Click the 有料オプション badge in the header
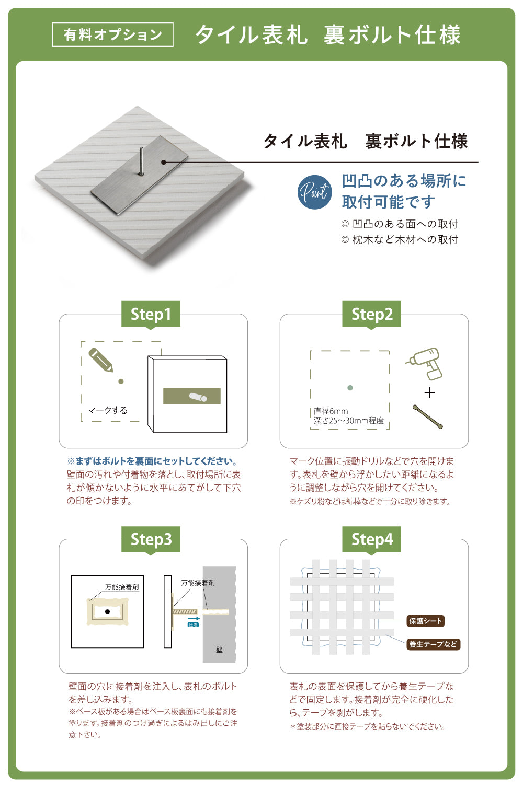tap(112, 34)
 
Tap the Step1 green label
tap(151, 314)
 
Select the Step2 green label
tap(371, 314)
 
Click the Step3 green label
tap(151, 539)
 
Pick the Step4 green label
tap(371, 539)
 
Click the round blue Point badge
tap(314, 192)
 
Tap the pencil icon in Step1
tap(101, 360)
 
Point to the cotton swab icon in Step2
tap(427, 416)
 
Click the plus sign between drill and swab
tap(429, 392)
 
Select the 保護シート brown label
tap(426, 621)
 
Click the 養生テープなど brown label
tap(433, 644)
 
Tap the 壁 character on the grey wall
tap(219, 650)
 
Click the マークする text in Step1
tap(107, 410)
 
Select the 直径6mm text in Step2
tap(331, 411)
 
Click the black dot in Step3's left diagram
tap(107, 611)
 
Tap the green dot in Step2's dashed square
tap(350, 388)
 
